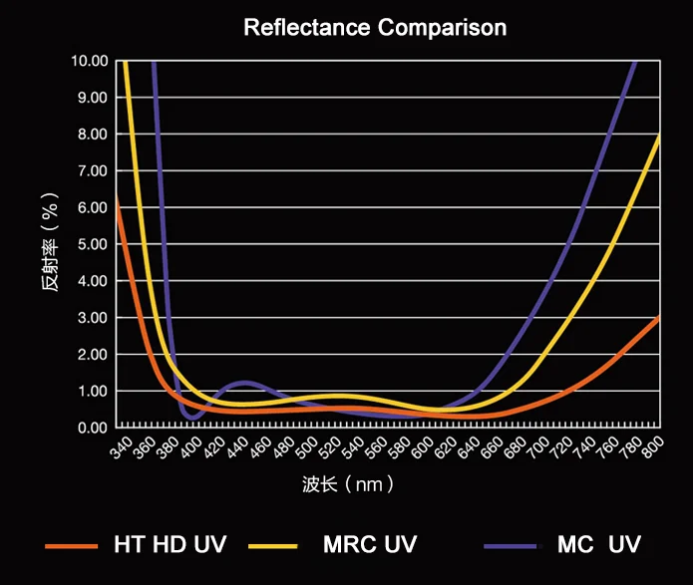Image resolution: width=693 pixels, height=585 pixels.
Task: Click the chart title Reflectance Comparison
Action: tap(375, 27)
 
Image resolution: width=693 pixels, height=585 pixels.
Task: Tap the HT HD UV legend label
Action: tap(171, 544)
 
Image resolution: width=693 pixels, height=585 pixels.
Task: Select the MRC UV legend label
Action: tap(370, 544)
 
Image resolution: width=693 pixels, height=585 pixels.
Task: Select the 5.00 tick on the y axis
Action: tap(91, 244)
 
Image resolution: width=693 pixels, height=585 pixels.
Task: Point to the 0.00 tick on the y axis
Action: tap(91, 428)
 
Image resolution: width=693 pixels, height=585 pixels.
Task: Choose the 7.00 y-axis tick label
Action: tap(91, 170)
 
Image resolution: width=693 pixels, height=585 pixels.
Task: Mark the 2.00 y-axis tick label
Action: tap(91, 354)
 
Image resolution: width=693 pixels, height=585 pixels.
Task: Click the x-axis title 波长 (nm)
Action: tap(348, 485)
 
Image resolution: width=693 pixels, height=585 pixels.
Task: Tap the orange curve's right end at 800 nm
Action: tap(659, 317)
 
